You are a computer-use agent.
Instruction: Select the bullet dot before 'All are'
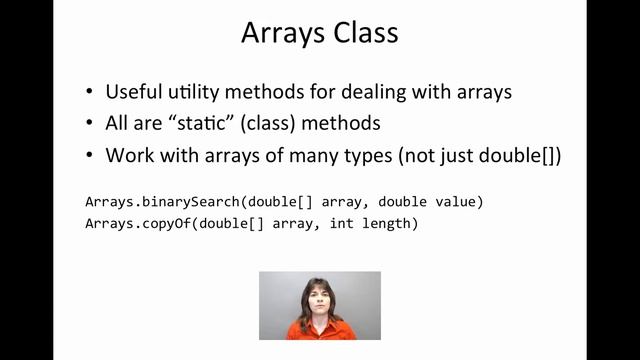pyautogui.click(x=90, y=125)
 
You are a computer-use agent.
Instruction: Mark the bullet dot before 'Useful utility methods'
pyautogui.click(x=90, y=93)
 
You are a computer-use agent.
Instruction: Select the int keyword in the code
pyautogui.click(x=343, y=223)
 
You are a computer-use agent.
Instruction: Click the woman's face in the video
pyautogui.click(x=319, y=299)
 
